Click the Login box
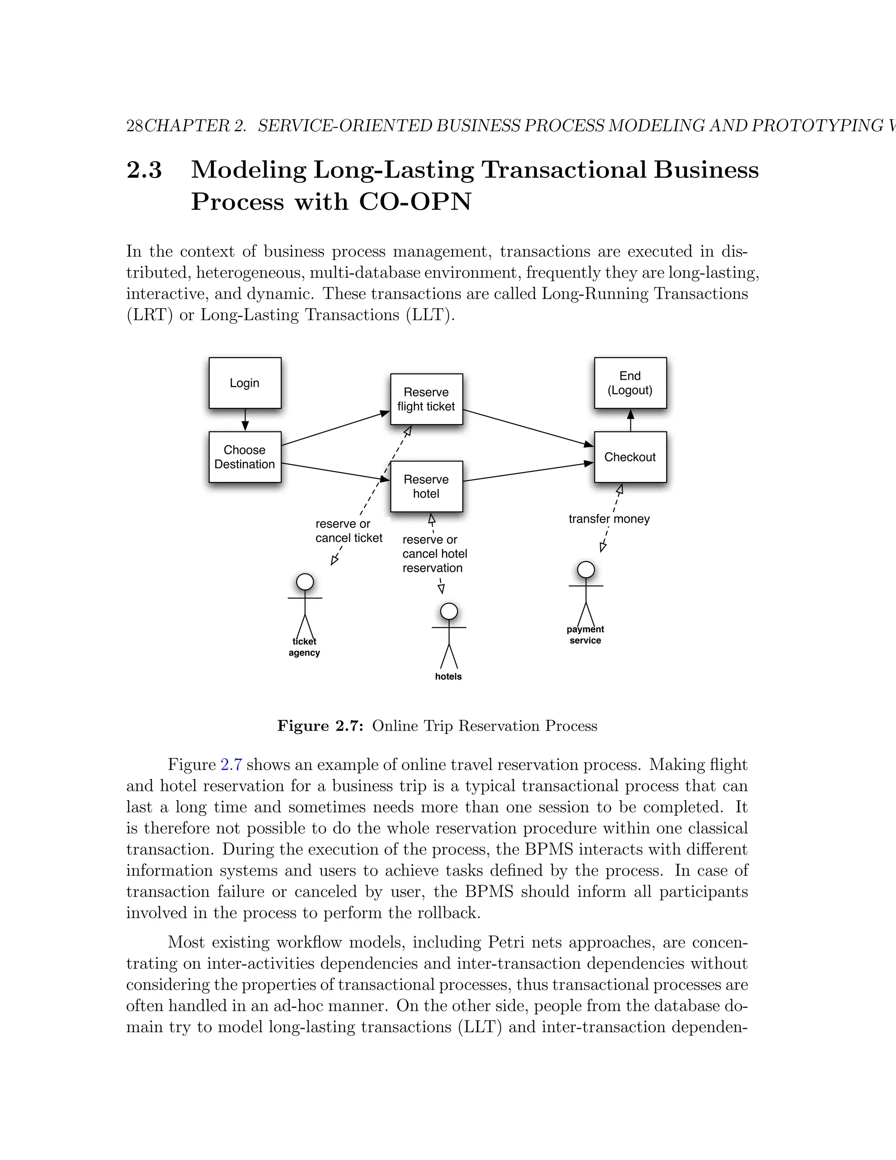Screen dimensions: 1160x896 pos(245,383)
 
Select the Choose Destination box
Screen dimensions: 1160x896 pos(245,457)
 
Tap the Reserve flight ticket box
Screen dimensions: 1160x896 pos(426,399)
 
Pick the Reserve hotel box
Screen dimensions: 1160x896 pos(426,486)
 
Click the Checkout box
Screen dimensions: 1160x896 pos(630,457)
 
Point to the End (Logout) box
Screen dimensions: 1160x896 pos(630,383)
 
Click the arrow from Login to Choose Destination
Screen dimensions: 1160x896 pos(245,420)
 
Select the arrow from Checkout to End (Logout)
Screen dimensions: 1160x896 pos(630,420)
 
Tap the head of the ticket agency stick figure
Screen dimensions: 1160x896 pos(304,582)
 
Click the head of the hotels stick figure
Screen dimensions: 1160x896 pos(449,612)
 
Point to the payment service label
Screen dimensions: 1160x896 pos(585,635)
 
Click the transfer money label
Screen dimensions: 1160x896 pos(609,519)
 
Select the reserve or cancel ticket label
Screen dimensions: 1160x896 pos(349,531)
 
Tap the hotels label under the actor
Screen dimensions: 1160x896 pos(448,676)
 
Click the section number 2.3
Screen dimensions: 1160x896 pos(144,170)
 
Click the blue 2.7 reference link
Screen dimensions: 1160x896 pos(231,765)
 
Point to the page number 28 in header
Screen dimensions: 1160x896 pos(134,126)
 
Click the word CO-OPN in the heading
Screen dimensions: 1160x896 pos(415,202)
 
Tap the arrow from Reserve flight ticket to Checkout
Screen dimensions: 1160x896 pos(528,428)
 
